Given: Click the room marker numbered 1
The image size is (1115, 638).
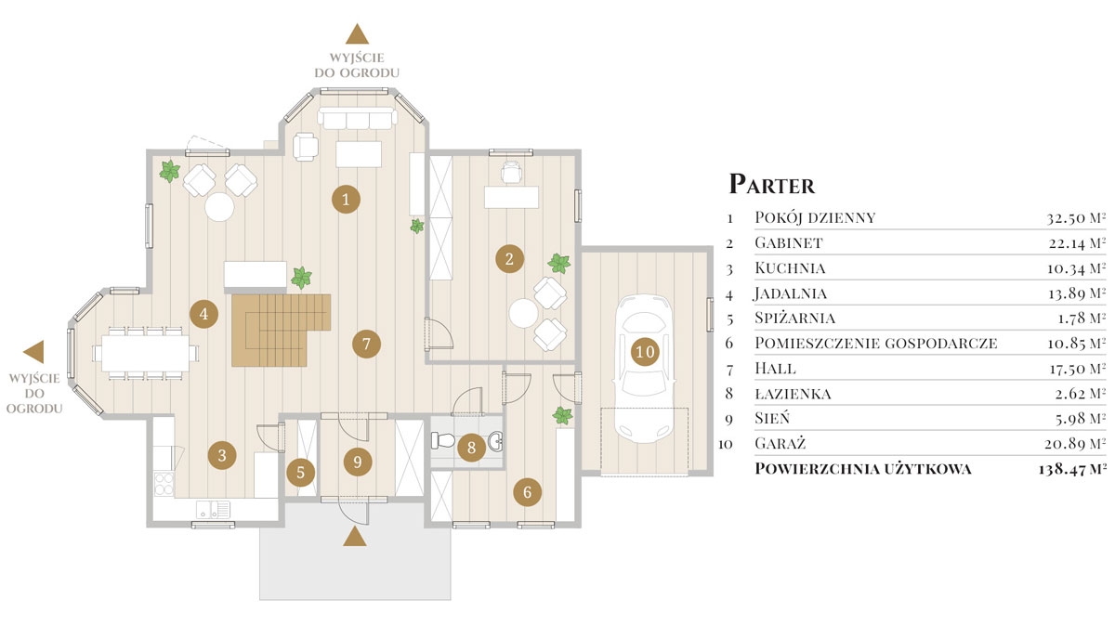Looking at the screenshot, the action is [346, 199].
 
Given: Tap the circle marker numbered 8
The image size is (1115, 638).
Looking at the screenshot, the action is [471, 448].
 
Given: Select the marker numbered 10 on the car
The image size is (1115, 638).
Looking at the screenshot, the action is [645, 352].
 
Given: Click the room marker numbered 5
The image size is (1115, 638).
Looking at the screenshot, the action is [301, 472].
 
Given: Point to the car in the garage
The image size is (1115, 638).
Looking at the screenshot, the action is [644, 369].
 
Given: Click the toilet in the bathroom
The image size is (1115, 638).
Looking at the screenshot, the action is [442, 440].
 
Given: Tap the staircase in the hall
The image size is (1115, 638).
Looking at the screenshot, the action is [282, 330].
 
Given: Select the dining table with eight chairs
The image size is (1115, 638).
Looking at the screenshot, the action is [145, 353].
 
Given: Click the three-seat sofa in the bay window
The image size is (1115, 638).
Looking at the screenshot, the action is [358, 119].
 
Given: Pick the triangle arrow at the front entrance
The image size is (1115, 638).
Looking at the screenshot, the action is [354, 537].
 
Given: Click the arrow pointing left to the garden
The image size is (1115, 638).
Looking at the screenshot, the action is [33, 351].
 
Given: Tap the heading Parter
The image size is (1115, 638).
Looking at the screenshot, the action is [771, 184].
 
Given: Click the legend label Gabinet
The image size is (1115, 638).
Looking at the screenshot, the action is [789, 242].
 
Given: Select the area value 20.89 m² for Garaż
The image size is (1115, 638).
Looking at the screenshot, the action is [1075, 443].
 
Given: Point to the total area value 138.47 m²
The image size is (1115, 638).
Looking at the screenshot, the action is [1072, 469].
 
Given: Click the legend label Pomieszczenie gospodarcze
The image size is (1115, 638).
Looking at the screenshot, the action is [876, 343].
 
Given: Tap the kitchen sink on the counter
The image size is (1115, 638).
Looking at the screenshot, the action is [213, 509].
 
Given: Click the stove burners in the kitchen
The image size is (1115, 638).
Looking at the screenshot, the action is [164, 484].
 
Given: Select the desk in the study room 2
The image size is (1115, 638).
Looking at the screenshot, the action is [511, 197].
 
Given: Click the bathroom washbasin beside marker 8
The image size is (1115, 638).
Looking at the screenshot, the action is [495, 441].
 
